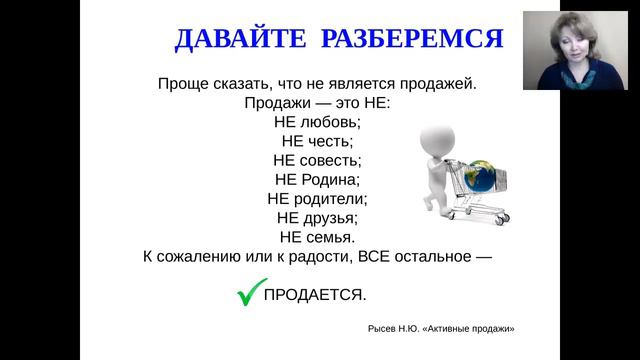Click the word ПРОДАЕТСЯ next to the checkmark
(x=315, y=295)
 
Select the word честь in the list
(x=331, y=141)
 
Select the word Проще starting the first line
(x=182, y=84)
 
